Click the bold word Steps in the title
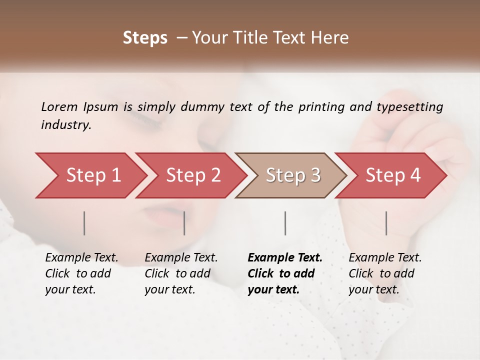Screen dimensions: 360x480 145,38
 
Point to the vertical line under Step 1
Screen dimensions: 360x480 84,223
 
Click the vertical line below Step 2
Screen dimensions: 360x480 184,223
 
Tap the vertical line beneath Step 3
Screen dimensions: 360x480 285,223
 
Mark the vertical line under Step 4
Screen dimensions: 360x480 386,223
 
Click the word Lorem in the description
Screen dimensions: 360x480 59,106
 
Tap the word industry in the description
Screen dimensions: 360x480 65,125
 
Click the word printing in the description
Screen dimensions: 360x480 319,107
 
